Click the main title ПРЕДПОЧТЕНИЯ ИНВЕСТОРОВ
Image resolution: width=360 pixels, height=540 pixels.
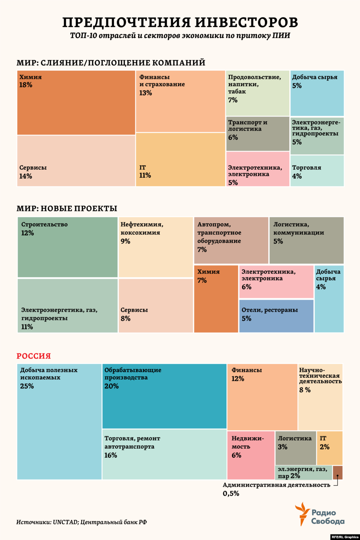pyautogui.click(x=180, y=22)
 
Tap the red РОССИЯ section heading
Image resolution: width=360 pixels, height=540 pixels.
pyautogui.click(x=34, y=356)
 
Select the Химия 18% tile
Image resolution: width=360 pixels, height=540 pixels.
pyautogui.click(x=76, y=103)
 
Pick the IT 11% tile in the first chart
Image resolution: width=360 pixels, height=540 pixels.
pyautogui.click(x=180, y=159)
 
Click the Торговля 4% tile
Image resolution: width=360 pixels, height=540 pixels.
pyautogui.click(x=317, y=171)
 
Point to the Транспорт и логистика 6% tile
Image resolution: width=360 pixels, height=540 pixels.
pyautogui.click(x=258, y=134)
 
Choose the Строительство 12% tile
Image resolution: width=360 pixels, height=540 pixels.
pyautogui.click(x=67, y=247)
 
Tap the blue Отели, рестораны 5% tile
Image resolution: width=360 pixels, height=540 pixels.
pyautogui.click(x=276, y=316)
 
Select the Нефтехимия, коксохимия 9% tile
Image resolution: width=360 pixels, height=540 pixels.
pyautogui.click(x=156, y=247)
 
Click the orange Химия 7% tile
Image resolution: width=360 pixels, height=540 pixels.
pyautogui.click(x=216, y=299)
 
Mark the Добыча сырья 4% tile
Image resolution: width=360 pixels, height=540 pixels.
pyautogui.click(x=329, y=299)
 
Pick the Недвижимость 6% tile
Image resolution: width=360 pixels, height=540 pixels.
pyautogui.click(x=251, y=455)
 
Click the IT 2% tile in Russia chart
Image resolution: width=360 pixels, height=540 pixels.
pyautogui.click(x=329, y=448)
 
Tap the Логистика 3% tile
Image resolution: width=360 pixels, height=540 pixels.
pyautogui.click(x=295, y=448)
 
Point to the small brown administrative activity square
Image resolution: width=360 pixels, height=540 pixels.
pyautogui.click(x=337, y=472)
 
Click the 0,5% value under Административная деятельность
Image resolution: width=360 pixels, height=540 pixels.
pyautogui.click(x=231, y=493)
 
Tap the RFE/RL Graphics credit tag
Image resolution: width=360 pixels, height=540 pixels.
pyautogui.click(x=345, y=537)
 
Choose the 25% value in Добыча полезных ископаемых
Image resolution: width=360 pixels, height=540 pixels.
pyautogui.click(x=27, y=386)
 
